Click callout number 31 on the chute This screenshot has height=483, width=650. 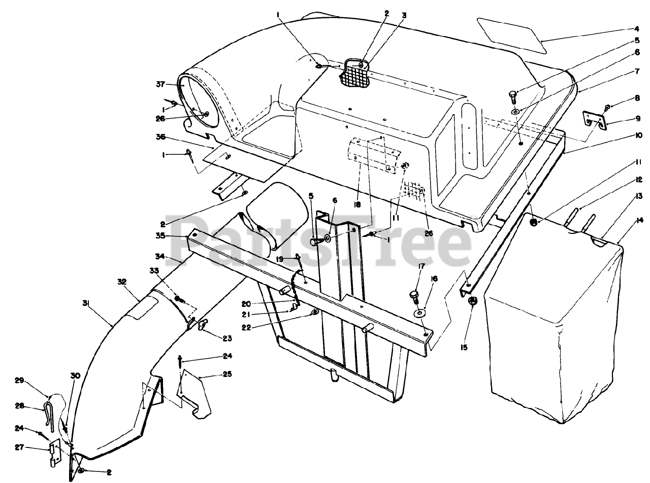pyautogui.click(x=86, y=303)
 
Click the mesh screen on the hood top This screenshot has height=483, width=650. pyautogui.click(x=355, y=74)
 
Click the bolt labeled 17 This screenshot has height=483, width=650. pyautogui.click(x=413, y=295)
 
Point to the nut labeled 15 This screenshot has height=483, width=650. pyautogui.click(x=471, y=300)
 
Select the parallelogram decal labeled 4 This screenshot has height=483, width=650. pyautogui.click(x=512, y=34)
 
